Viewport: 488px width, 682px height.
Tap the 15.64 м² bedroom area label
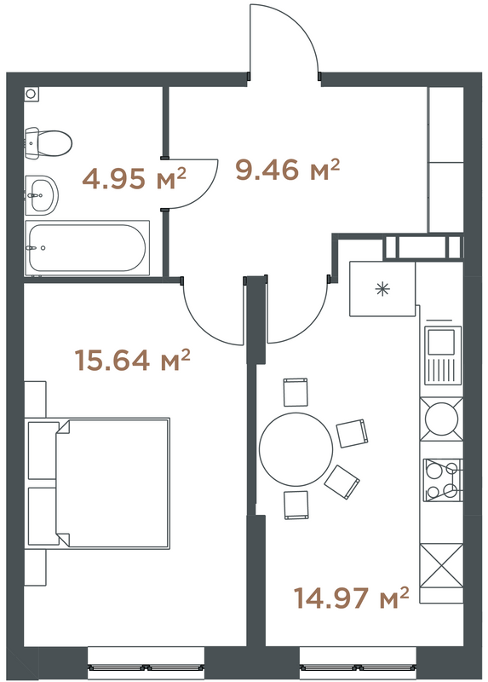(x=132, y=361)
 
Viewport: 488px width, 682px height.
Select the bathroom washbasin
(x=41, y=196)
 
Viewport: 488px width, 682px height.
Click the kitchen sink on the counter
(x=443, y=356)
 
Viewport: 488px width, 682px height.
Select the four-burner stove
(x=443, y=477)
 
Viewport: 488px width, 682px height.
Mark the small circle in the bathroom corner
(x=32, y=93)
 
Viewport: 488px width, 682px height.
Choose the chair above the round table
(x=295, y=392)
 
